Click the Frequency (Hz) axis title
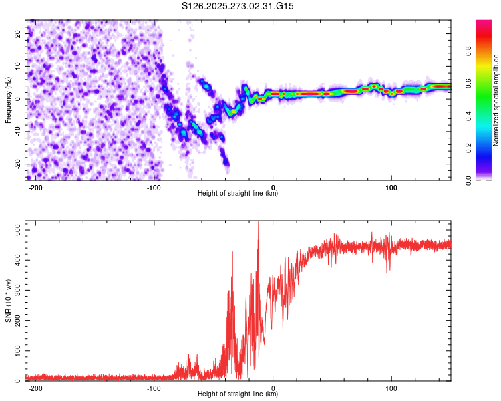[8, 100]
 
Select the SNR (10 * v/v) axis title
[8, 301]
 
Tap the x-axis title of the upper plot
[238, 194]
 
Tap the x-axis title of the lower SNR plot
[238, 394]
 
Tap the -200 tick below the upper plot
[36, 187]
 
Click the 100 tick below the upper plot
[391, 187]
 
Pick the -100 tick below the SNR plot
[154, 387]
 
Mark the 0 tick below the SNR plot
[273, 387]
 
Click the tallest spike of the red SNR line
[258, 223]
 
